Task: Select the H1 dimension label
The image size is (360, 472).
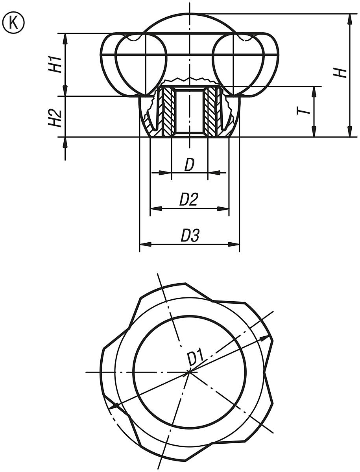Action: click(55, 64)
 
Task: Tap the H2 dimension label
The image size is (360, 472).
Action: click(55, 118)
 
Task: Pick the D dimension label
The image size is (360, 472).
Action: click(189, 166)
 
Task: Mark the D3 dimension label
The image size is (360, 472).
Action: click(190, 236)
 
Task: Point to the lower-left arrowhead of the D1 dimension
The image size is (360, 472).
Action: click(113, 406)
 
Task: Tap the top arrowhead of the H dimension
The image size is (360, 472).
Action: click(349, 18)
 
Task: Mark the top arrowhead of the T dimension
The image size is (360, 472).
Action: click(314, 91)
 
